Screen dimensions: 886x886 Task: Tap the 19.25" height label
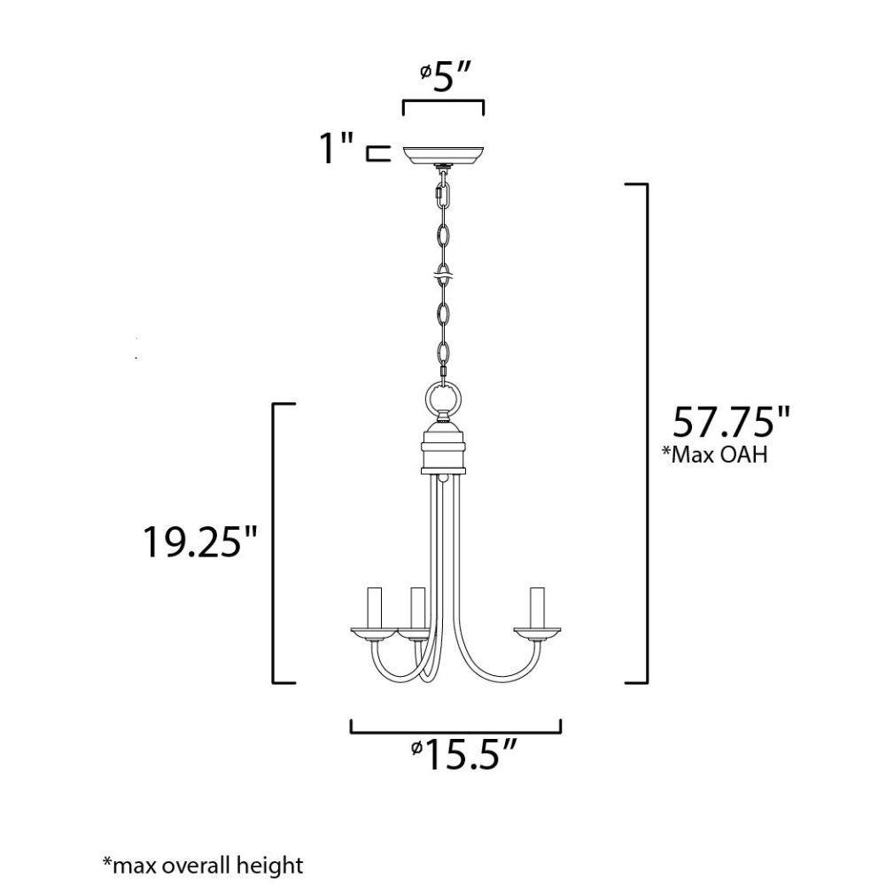click(201, 541)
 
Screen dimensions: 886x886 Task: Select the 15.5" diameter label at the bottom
click(463, 754)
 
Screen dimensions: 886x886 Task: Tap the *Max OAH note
click(715, 454)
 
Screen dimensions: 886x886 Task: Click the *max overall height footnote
click(203, 865)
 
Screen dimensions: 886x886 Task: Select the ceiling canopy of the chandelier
click(443, 155)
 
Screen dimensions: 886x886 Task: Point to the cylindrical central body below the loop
click(444, 449)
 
